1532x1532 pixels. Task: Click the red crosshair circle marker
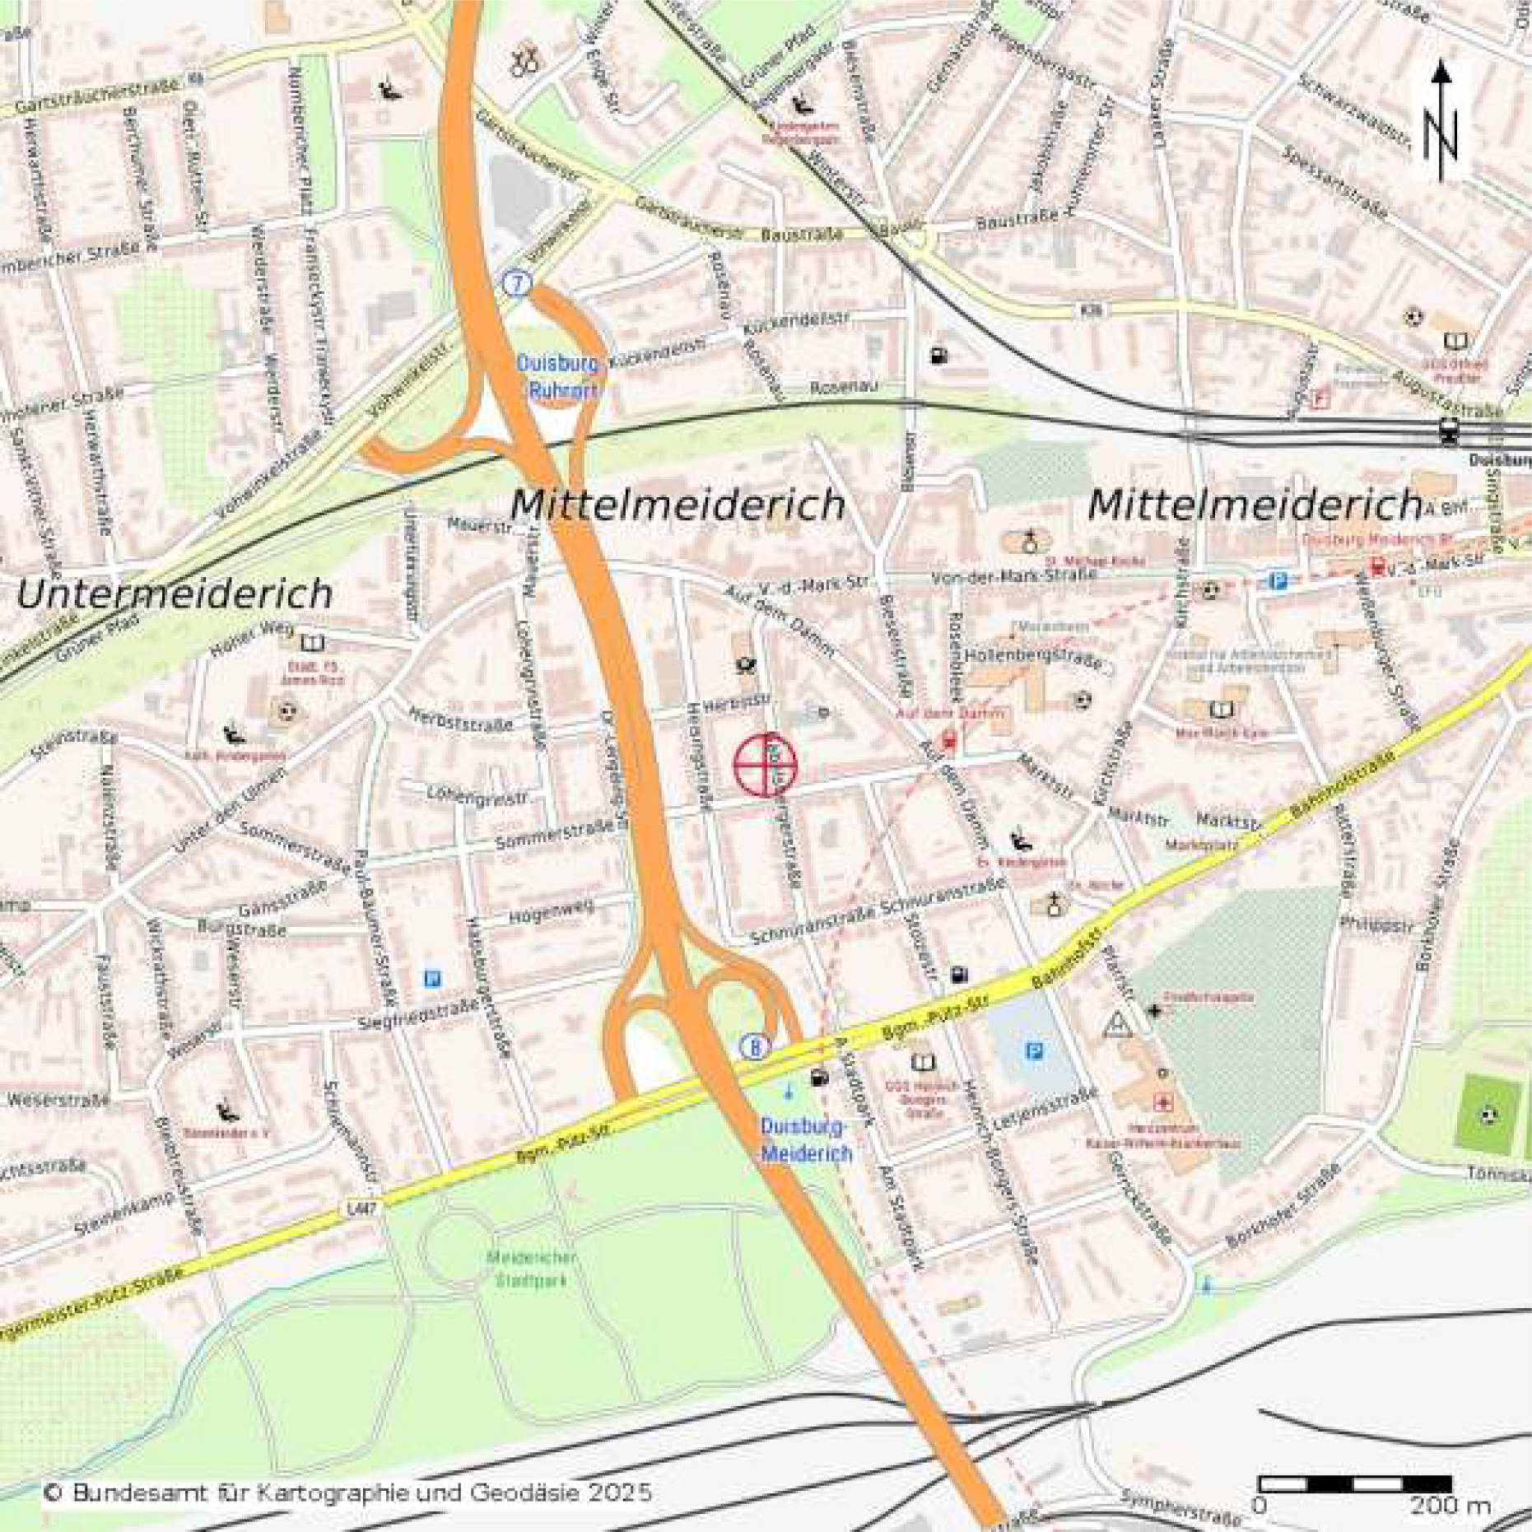(766, 766)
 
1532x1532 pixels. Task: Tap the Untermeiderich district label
(175, 594)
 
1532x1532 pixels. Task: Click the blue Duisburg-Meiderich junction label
(805, 1140)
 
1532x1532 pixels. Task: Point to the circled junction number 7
(517, 284)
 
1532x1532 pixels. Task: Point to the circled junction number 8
(755, 1047)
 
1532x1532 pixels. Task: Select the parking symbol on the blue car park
(1035, 1051)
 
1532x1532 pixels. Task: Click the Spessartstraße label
(1335, 183)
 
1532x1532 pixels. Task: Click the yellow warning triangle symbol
(1118, 1026)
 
